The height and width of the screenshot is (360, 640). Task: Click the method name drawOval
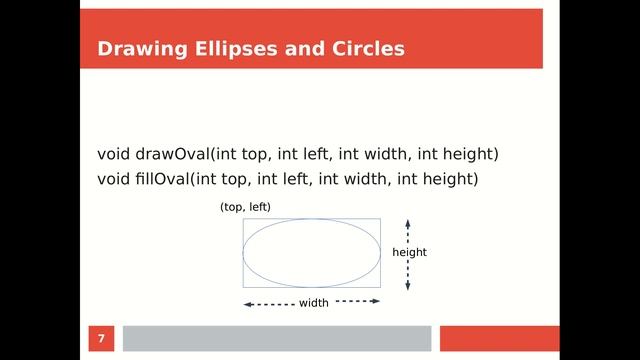pyautogui.click(x=172, y=154)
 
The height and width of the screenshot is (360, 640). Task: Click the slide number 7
pyautogui.click(x=100, y=338)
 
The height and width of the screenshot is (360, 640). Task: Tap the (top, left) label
pyautogui.click(x=245, y=207)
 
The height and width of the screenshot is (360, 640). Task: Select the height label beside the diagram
pyautogui.click(x=409, y=252)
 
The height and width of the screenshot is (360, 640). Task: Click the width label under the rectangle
pyautogui.click(x=314, y=303)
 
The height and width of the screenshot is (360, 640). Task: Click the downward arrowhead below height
pyautogui.click(x=408, y=286)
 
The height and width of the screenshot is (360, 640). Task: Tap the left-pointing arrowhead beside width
pyautogui.click(x=247, y=304)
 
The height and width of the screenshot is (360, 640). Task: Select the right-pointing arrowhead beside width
pyautogui.click(x=376, y=300)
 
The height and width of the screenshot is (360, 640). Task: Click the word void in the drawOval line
pyautogui.click(x=113, y=154)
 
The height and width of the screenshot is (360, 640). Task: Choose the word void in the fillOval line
pyautogui.click(x=113, y=179)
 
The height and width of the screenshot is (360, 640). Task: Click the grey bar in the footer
pyautogui.click(x=276, y=338)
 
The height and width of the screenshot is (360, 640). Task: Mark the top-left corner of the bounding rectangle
pyautogui.click(x=243, y=219)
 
